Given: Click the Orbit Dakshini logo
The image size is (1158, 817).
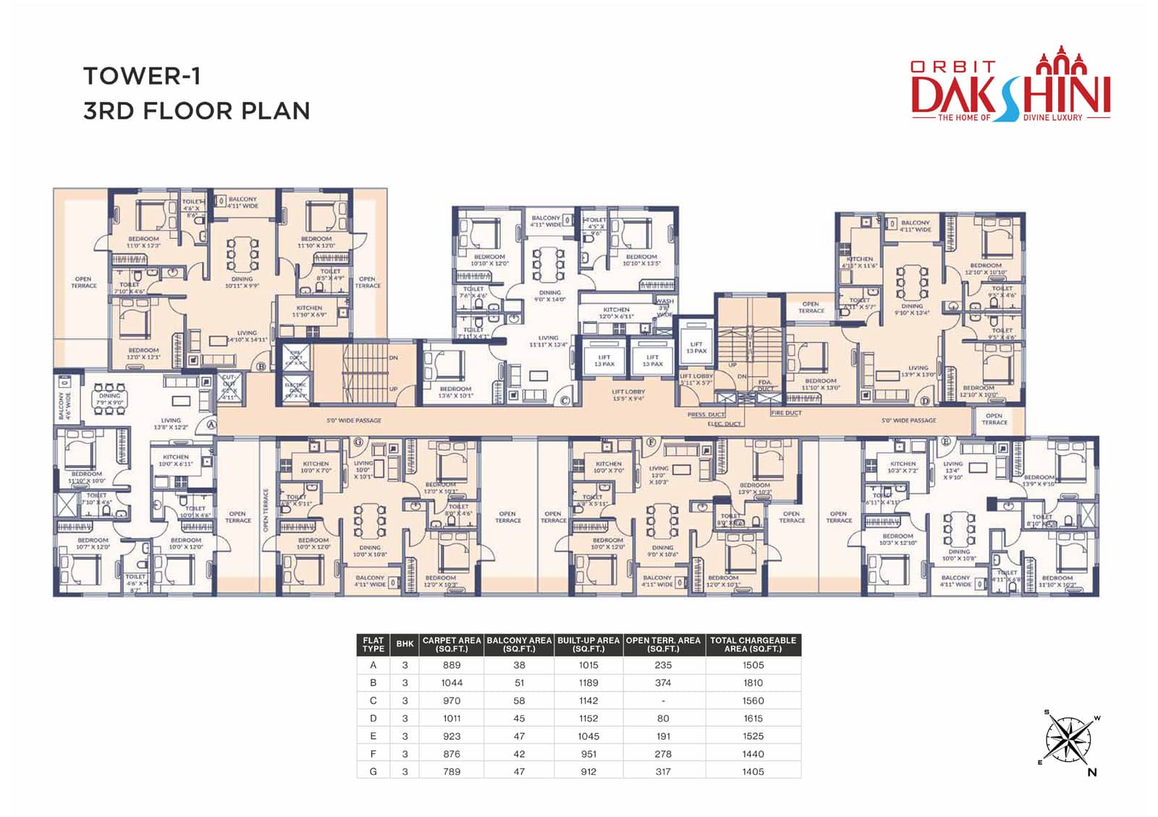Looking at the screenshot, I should (1010, 90).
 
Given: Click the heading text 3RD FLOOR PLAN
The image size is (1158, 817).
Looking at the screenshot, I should (197, 111).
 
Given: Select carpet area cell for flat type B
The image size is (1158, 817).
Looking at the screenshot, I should (452, 682).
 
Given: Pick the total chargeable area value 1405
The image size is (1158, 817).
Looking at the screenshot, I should (753, 771).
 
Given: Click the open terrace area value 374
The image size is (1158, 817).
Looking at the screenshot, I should (663, 682).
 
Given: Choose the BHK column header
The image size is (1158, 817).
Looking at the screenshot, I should (405, 644).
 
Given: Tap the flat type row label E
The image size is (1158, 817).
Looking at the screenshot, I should (373, 736).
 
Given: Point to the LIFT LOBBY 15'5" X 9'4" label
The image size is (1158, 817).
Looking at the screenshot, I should (628, 395).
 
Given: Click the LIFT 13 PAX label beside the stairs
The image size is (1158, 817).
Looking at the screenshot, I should (696, 347).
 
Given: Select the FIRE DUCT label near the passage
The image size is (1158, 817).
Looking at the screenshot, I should (786, 412).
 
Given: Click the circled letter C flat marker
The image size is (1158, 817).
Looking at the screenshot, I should (565, 399).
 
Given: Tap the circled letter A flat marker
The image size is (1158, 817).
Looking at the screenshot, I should (211, 425).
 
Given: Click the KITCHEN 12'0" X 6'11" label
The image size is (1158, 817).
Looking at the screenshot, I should (617, 313).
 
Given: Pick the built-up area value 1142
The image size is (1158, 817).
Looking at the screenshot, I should (588, 700).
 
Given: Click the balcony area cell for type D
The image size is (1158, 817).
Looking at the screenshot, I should (519, 718).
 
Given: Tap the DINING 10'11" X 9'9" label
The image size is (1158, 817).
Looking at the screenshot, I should (242, 282).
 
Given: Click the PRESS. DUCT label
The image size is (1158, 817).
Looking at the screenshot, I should (706, 415).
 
